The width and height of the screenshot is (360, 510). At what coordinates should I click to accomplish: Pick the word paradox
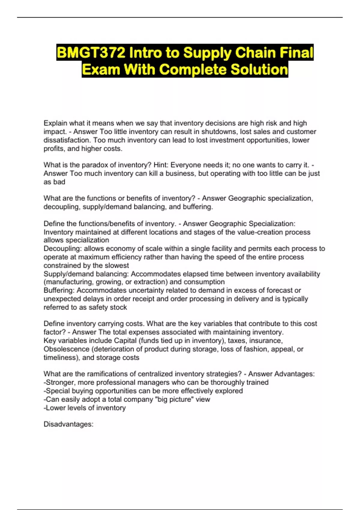click(96, 165)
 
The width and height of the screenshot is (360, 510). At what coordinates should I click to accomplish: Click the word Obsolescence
click(66, 349)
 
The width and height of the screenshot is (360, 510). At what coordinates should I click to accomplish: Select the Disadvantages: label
click(68, 424)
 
